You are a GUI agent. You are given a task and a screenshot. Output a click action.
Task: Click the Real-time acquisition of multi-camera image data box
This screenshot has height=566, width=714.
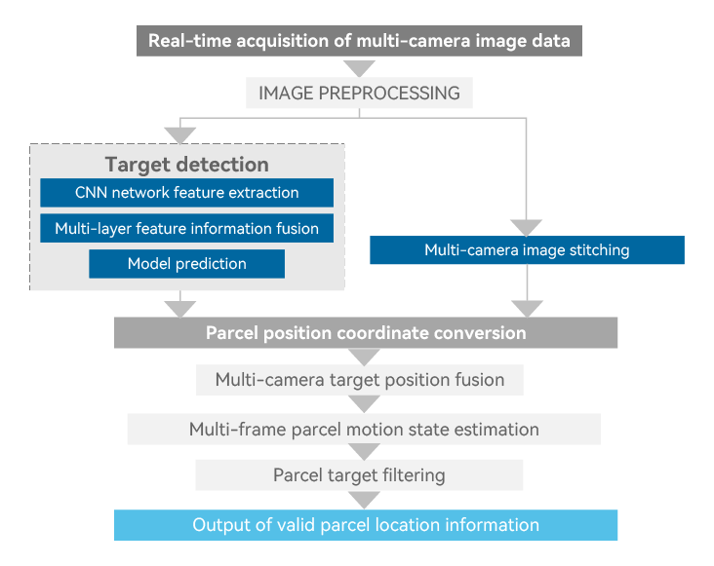pos(360,41)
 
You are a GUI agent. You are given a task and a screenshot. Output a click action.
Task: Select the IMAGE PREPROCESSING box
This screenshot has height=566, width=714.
pos(359,94)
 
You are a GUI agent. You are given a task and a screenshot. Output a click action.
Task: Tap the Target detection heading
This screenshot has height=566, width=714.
pos(186,164)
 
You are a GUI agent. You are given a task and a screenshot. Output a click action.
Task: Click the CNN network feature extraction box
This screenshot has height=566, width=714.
pos(186,193)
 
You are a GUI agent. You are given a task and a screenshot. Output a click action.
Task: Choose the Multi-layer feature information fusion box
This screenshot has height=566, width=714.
pos(186,229)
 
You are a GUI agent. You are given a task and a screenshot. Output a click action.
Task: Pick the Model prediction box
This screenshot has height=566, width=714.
pos(186,264)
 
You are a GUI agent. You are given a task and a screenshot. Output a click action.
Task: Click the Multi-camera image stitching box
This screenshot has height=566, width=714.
pos(527,250)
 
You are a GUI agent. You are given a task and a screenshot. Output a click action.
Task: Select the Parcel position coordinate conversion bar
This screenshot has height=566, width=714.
pos(366,333)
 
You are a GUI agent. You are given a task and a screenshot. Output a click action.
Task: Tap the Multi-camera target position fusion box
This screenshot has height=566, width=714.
pos(360,380)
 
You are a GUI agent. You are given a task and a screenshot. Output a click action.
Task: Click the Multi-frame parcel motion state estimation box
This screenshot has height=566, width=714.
pos(363,429)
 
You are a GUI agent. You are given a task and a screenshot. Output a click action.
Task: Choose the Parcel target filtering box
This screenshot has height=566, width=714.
pos(359,475)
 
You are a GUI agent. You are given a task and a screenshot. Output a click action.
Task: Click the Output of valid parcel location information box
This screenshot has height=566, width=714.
pos(366,525)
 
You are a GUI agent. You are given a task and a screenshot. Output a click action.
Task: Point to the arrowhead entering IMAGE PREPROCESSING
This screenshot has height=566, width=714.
pos(360,69)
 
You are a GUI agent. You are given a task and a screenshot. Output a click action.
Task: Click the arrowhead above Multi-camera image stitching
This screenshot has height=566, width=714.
pos(527,226)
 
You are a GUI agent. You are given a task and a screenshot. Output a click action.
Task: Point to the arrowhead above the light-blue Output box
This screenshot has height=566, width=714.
pos(363,500)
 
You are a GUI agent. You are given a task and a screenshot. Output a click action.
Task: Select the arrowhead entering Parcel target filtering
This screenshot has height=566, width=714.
pos(363,452)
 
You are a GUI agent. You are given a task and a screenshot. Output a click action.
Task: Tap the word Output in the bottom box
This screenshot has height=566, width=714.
pos(219,525)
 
